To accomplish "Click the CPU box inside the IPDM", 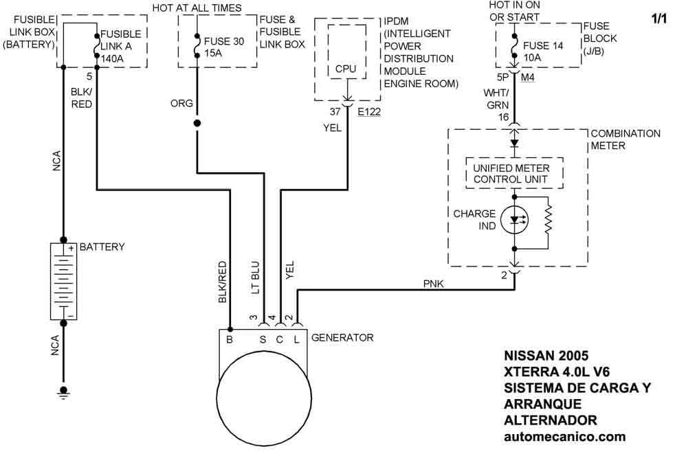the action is click(347, 52).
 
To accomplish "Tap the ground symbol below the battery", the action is click(63, 392).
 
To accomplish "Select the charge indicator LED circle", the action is click(514, 220).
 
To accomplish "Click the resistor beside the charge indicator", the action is click(548, 220).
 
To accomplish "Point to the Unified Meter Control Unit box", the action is click(514, 173).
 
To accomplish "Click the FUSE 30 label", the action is click(224, 41).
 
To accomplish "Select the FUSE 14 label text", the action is click(543, 45).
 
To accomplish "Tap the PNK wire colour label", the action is click(434, 284).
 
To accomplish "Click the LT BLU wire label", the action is click(255, 277).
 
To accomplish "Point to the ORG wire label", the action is click(181, 103).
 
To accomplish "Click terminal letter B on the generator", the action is click(230, 339).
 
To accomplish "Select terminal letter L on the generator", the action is click(297, 339).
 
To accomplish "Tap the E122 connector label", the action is click(369, 112).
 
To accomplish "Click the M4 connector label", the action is click(528, 78).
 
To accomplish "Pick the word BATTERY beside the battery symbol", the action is click(102, 247).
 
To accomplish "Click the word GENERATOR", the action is click(342, 337).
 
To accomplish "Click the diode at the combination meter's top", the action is click(514, 143).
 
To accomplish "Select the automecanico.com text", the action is click(565, 436).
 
